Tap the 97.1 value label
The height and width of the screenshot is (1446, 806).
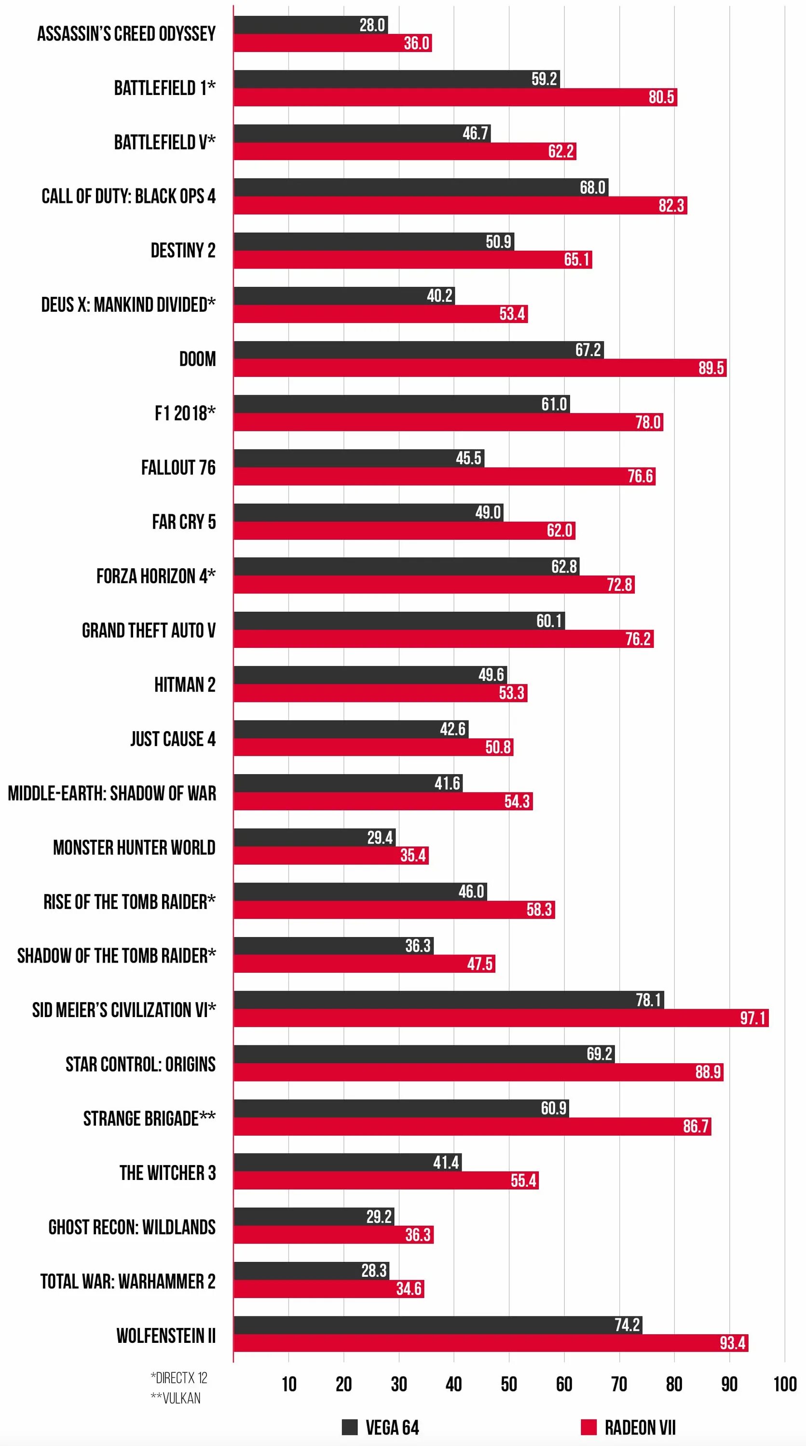click(x=752, y=1018)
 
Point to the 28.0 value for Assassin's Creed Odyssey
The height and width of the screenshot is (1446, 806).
click(x=372, y=25)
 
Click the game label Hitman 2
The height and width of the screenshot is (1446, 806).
click(x=185, y=685)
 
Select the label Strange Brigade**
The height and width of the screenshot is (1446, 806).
click(x=150, y=1118)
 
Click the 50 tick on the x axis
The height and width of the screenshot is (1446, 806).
click(x=509, y=1384)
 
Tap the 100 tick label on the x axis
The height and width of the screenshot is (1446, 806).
click(x=785, y=1384)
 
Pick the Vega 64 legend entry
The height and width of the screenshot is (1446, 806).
click(x=381, y=1427)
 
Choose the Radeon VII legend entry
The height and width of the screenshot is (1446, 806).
click(x=628, y=1427)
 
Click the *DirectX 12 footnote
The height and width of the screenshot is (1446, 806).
click(x=178, y=1378)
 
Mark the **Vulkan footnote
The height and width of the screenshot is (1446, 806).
click(x=175, y=1398)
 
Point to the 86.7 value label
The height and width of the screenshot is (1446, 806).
click(x=696, y=1126)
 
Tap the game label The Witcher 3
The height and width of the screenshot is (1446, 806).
click(x=167, y=1173)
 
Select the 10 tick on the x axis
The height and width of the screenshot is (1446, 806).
click(x=289, y=1384)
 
